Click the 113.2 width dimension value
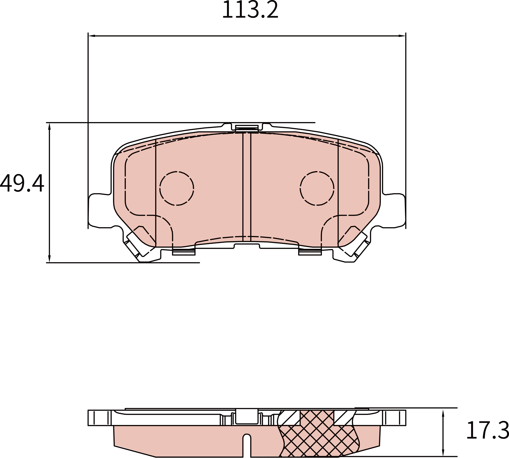tap(250, 10)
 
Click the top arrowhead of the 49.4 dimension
tap(49, 126)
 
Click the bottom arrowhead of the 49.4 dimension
tap(49, 259)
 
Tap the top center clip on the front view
tap(247, 127)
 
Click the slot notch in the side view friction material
tap(247, 444)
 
